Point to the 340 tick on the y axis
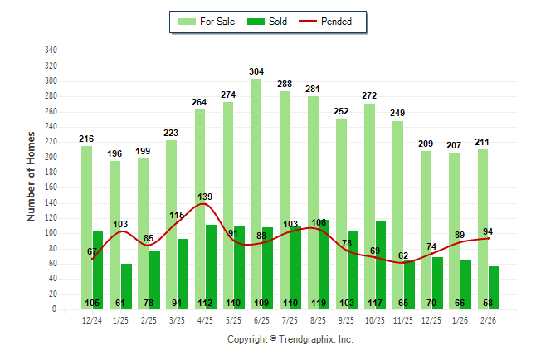(x=51, y=51)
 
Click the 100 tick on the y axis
(x=51, y=233)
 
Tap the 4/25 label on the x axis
(x=205, y=319)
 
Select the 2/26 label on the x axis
(x=488, y=319)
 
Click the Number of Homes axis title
(x=32, y=176)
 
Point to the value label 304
(x=257, y=72)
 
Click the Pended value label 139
(x=205, y=197)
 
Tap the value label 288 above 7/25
(x=285, y=84)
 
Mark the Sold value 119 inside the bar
(x=324, y=303)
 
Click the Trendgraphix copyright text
(x=290, y=339)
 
